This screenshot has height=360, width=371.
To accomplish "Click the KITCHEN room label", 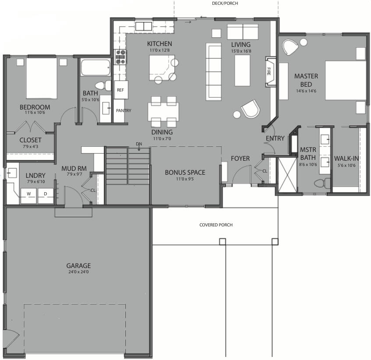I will (159, 44).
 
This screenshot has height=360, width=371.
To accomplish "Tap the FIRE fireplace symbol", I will (269, 71).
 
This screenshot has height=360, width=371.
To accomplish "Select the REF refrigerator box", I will (121, 90).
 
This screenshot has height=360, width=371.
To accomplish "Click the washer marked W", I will (29, 194).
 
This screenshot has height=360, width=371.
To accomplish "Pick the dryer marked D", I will (45, 194).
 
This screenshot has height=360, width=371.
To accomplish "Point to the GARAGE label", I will (79, 265).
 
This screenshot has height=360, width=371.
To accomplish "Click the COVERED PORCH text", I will (216, 225).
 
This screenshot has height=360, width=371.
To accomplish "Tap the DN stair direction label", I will (139, 144).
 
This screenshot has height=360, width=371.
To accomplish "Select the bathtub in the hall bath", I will (96, 68).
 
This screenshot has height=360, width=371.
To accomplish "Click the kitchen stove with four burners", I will (120, 57).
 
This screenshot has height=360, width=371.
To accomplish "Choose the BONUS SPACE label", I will (185, 172).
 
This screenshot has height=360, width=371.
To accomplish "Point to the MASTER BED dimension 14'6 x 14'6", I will (306, 91).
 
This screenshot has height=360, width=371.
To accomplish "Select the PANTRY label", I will (123, 111).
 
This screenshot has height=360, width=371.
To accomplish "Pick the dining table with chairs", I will (163, 112).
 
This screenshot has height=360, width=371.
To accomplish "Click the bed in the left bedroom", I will (41, 78).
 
